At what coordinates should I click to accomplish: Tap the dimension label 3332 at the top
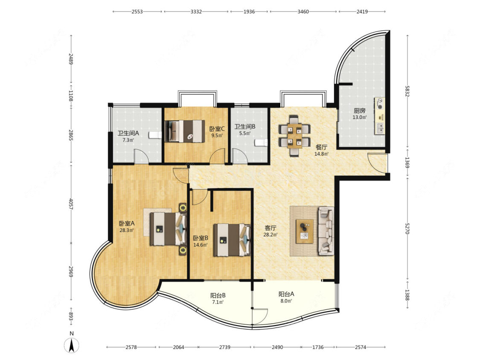(x=196, y=12)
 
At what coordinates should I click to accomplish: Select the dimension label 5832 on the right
(x=407, y=91)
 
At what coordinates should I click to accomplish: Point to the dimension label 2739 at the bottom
(x=225, y=347)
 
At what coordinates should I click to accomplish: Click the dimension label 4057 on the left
(x=71, y=204)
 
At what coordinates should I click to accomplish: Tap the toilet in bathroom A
(x=155, y=135)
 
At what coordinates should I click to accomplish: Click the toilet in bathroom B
(x=262, y=142)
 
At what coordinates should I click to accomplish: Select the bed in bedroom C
(x=185, y=131)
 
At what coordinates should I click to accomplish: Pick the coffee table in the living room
(x=305, y=231)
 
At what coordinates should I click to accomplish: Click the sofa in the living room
(x=326, y=231)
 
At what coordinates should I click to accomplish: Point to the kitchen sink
(x=380, y=128)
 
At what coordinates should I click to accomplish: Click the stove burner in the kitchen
(x=380, y=104)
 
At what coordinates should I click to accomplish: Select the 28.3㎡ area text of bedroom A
(x=126, y=230)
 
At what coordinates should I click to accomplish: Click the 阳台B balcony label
(x=218, y=296)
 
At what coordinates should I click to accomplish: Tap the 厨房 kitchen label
(x=360, y=110)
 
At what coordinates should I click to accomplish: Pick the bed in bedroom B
(x=232, y=240)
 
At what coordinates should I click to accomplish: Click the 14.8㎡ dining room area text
(x=321, y=154)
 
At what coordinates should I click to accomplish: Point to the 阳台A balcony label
(x=286, y=294)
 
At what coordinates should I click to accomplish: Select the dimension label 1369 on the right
(x=407, y=163)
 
